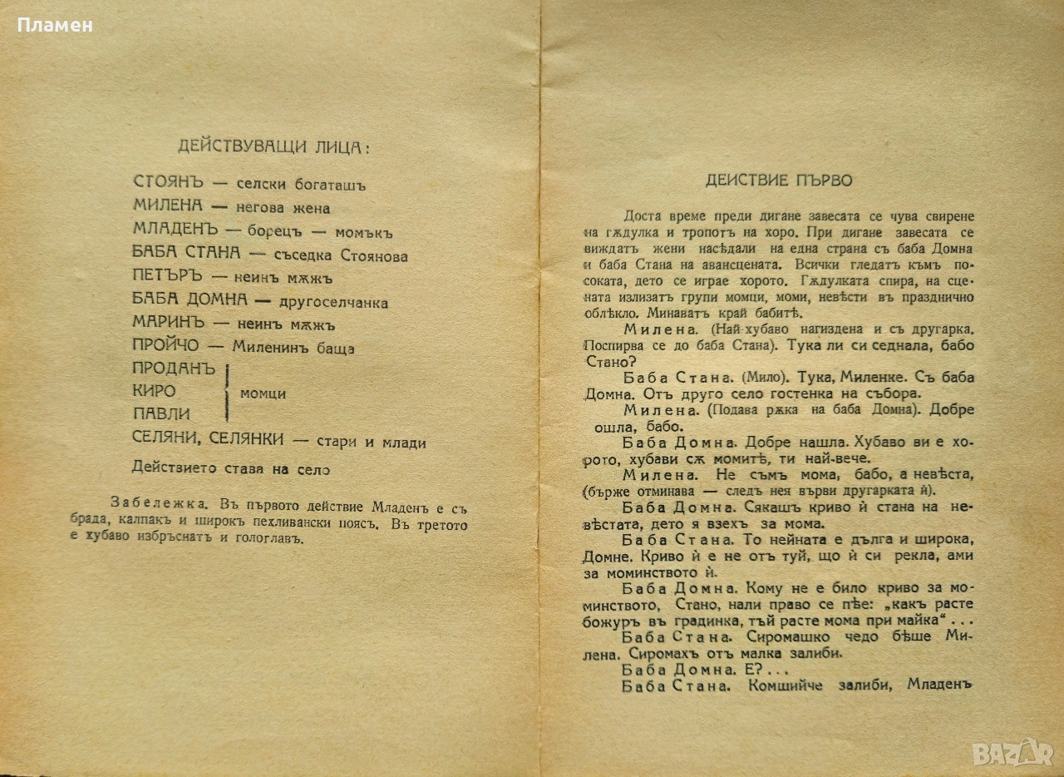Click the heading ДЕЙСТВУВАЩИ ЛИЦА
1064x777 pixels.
coord(273,146)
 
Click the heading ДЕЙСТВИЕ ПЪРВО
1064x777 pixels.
coord(779,180)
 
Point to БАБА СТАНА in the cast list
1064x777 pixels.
coord(187,254)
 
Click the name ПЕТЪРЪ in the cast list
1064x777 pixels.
coord(169,277)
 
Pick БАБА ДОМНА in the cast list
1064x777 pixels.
coord(190,300)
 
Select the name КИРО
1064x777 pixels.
coord(154,391)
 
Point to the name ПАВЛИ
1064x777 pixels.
coord(161,413)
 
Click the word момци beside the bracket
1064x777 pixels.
coord(263,393)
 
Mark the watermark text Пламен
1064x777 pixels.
coord(55,25)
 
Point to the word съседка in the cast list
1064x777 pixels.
coord(306,255)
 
